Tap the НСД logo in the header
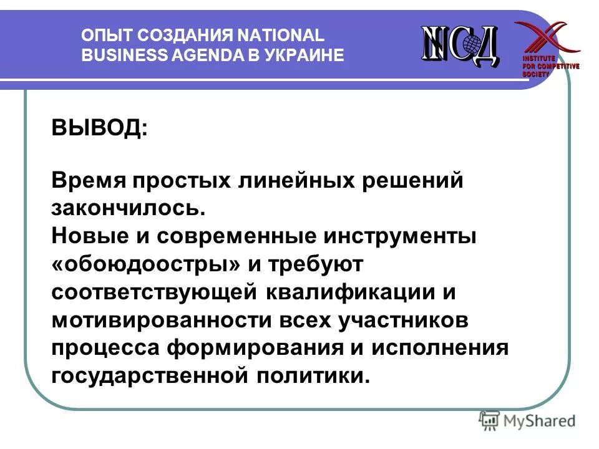[x=460, y=44]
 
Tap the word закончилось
[x=129, y=208]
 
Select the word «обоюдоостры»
[x=147, y=264]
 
